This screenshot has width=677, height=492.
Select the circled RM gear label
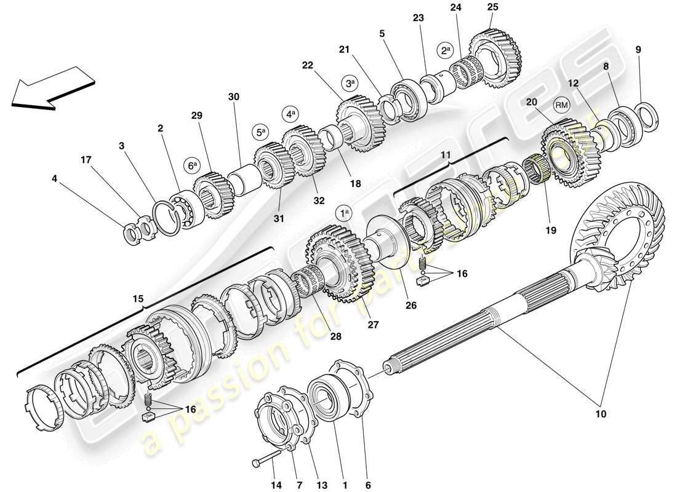click(560, 105)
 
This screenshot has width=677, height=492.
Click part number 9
click(638, 49)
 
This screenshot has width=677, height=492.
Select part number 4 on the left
click(55, 179)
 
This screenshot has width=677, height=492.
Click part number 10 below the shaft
click(601, 414)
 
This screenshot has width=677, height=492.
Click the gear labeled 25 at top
click(495, 49)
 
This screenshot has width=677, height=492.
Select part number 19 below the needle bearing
click(550, 230)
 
